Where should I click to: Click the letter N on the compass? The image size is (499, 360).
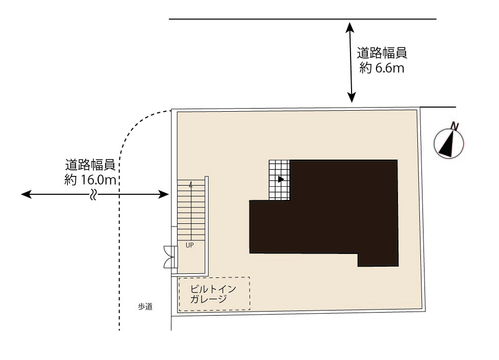tap(455, 126)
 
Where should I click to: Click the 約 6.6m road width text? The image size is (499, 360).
tap(382, 68)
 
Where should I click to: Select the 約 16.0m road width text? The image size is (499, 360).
tap(90, 180)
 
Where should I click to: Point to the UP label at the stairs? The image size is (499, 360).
tap(190, 245)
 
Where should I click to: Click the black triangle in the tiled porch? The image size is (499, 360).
tap(281, 179)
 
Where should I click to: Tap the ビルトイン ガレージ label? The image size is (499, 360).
tap(213, 294)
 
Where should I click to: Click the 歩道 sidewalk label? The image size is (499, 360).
tap(145, 306)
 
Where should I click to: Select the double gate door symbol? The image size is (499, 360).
tap(170, 257)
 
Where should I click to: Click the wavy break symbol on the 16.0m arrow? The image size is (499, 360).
tap(93, 194)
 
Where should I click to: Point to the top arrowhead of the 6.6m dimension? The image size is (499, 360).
tap(351, 27)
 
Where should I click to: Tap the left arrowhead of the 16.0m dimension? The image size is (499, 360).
tap(26, 194)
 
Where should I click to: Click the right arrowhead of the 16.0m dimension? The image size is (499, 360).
tap(163, 194)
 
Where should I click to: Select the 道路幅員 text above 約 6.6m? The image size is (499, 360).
tap(382, 53)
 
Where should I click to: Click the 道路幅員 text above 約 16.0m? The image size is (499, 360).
tap(90, 165)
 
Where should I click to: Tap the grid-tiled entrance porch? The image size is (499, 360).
tap(280, 180)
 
